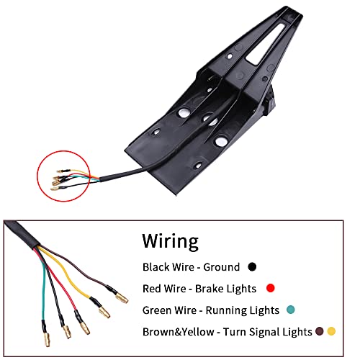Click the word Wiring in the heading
(x=170, y=241)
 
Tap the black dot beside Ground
(x=252, y=266)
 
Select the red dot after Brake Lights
(x=271, y=288)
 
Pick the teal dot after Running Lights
(x=291, y=310)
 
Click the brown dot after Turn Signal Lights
(x=319, y=331)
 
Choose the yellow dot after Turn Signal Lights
(x=331, y=331)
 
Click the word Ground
(x=222, y=267)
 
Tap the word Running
(x=226, y=310)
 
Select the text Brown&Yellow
(x=179, y=332)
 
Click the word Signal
(x=264, y=332)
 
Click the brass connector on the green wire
(x=47, y=340)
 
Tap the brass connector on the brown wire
(x=122, y=299)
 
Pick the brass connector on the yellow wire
(x=104, y=312)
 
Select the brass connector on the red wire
(x=85, y=328)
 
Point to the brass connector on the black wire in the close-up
(x=67, y=332)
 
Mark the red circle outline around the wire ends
(x=37, y=176)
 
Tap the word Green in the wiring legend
(x=156, y=310)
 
